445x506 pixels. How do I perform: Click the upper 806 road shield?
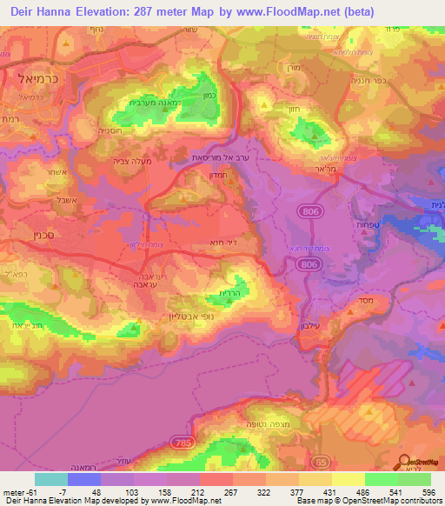(311, 211)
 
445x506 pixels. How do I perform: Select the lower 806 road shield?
(305, 262)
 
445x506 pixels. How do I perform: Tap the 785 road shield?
(180, 418)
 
